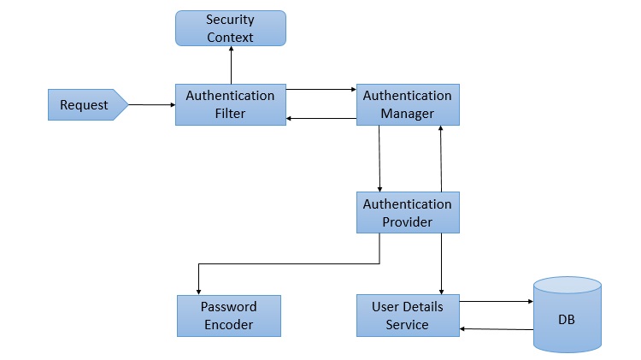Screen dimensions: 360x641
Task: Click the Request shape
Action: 86,105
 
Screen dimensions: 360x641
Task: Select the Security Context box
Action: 230,28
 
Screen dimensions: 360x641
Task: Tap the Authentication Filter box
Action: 230,104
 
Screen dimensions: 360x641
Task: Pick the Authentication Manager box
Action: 408,104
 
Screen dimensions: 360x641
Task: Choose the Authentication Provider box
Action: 408,213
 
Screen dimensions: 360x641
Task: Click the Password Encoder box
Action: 228,316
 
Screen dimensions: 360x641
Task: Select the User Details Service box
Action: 407,316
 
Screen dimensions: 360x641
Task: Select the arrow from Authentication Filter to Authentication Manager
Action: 320,88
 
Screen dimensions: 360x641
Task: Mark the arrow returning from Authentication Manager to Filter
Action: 320,119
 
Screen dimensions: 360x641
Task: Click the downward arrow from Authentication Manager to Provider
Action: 379,158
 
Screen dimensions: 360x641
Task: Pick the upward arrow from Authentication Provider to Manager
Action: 441,158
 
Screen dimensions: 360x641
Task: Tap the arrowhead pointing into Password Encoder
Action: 198,290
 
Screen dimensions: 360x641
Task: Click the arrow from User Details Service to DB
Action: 496,301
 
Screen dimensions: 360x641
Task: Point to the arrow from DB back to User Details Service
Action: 496,328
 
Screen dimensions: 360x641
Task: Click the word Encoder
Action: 228,324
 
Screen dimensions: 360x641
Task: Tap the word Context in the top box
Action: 230,37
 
